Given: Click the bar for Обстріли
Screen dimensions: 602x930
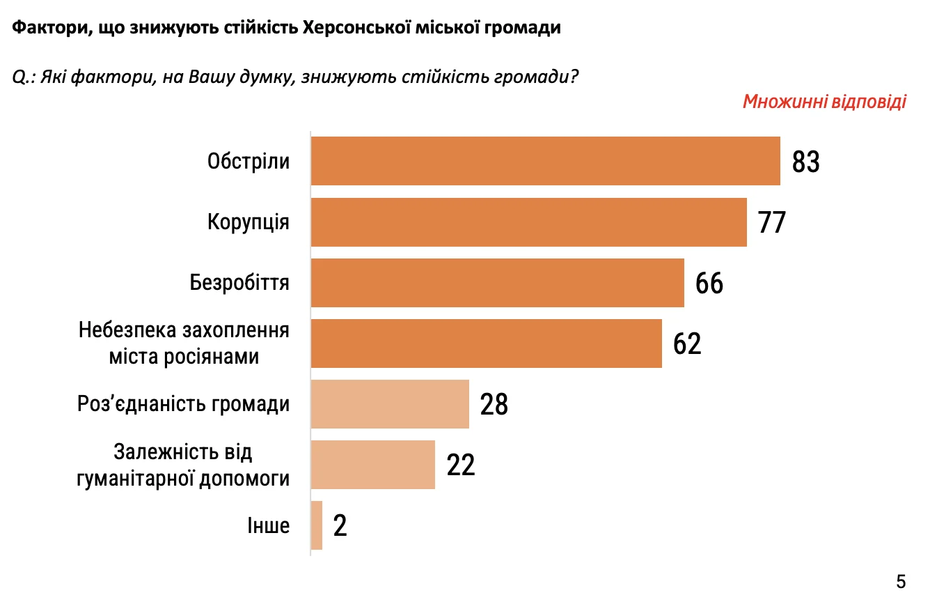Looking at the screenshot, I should [x=545, y=161].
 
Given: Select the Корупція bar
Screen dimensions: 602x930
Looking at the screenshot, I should [x=528, y=222].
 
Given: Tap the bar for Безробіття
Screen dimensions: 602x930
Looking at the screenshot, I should [x=497, y=283].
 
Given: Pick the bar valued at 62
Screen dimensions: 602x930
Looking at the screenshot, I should [x=486, y=344].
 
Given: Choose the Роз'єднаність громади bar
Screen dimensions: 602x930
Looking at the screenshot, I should [x=390, y=404].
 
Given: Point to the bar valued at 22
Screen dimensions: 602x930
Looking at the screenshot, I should [x=372, y=465].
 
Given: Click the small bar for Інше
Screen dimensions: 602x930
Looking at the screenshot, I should [x=316, y=525].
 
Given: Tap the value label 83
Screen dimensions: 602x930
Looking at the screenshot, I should [x=806, y=162].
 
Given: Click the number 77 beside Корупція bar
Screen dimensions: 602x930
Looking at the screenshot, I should [x=772, y=222].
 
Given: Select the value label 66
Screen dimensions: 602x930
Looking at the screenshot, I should [x=709, y=284].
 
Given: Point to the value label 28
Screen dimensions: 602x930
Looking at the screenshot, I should [x=494, y=405].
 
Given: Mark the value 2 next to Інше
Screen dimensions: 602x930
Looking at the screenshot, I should [x=340, y=526].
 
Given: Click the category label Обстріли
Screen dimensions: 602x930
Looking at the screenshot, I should [x=249, y=162].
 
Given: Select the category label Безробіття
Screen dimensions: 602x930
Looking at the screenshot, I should [x=239, y=283].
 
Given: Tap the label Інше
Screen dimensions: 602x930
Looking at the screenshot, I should [x=268, y=525].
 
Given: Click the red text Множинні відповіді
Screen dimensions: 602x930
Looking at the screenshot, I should [x=824, y=102].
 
